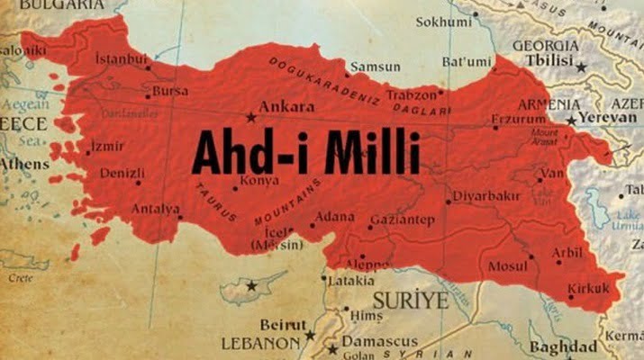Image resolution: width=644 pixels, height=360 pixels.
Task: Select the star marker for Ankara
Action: click(x=251, y=116)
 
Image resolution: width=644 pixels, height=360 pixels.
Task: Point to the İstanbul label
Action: click(x=121, y=59)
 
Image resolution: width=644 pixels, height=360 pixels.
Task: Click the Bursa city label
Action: click(x=171, y=91)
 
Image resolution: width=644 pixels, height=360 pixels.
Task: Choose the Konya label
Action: click(x=249, y=179)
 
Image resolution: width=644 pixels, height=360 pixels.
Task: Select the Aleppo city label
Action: click(x=369, y=264)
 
